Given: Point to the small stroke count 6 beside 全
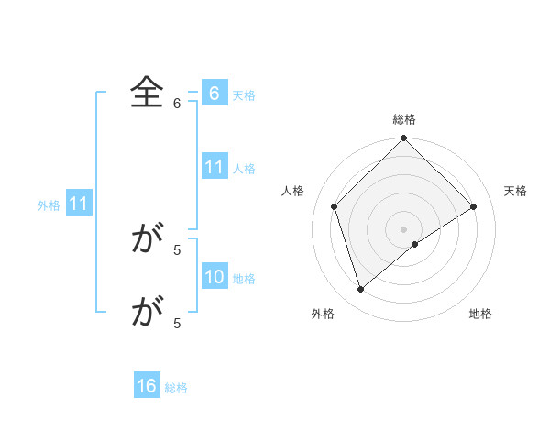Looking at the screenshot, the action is (x=177, y=104).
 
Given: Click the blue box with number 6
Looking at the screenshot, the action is (x=214, y=94).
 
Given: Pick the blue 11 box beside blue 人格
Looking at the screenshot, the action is (x=214, y=167).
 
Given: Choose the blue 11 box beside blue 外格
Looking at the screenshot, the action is (x=78, y=204).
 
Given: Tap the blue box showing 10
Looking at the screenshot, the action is (x=214, y=277).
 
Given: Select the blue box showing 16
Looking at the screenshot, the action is (x=147, y=386).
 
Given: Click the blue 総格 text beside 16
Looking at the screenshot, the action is (x=176, y=388).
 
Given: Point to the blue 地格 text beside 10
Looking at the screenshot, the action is (x=244, y=279).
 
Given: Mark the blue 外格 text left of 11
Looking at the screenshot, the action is (x=49, y=205).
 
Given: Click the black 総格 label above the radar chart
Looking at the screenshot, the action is (x=403, y=119).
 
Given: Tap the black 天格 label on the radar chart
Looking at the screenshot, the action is (x=516, y=191).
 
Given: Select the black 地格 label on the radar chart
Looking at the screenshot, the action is (x=480, y=315).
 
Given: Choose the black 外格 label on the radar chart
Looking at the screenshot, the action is (x=323, y=315).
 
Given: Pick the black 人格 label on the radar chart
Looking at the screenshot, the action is (x=292, y=191).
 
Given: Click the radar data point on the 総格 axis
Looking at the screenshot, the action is (x=403, y=138).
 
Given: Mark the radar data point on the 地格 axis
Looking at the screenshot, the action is (x=415, y=244).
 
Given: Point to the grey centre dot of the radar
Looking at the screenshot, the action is (x=403, y=228).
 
